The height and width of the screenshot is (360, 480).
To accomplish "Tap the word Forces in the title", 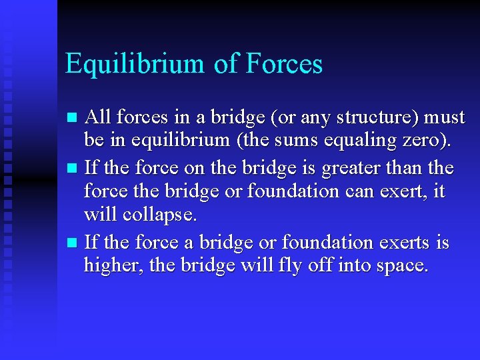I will coord(284,64).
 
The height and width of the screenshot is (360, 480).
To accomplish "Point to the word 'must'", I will coord(445,118).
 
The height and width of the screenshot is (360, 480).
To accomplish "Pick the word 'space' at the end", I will coord(399,267).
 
